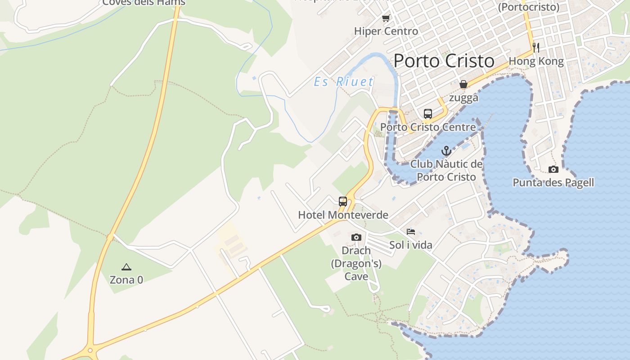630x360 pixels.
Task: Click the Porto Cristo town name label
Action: [x=444, y=61]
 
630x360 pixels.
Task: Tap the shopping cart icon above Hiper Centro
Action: [x=386, y=18]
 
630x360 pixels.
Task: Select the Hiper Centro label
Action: [x=386, y=31]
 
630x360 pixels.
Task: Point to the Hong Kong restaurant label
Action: [x=536, y=61]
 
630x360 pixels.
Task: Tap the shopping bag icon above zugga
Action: [x=463, y=84]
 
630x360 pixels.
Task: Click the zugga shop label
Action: [x=463, y=98]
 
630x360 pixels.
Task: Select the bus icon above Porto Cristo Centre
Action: [x=427, y=114]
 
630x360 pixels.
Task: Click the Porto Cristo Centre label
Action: [x=428, y=127]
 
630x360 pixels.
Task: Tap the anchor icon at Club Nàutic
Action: [x=446, y=151]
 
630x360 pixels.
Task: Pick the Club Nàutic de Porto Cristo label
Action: [x=446, y=170]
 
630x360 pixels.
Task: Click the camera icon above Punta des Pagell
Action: [x=553, y=170]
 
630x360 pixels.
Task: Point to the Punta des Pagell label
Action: [x=553, y=183]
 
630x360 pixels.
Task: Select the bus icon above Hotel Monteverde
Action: [x=343, y=201]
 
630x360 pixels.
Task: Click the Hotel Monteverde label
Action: [x=343, y=215]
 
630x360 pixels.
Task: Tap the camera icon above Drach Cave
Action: [x=356, y=237]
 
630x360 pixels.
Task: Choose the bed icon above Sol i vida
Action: [x=411, y=232]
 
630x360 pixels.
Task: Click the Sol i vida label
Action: [x=411, y=245]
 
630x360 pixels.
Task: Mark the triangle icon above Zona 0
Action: [x=126, y=267]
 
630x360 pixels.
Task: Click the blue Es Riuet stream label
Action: [x=344, y=82]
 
